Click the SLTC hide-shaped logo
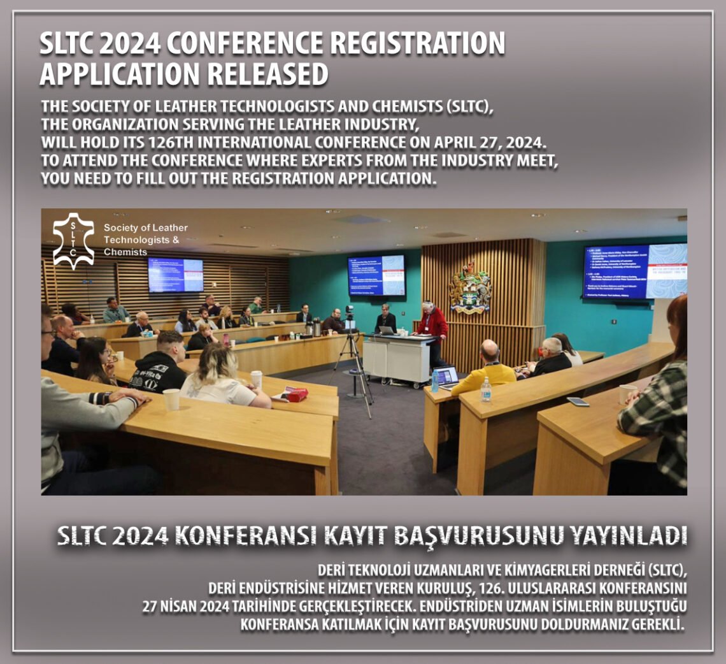coord(73,241)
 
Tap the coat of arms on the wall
coord(470,287)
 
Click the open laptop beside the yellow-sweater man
coord(446,377)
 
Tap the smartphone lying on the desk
coord(578,401)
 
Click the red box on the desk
coord(295,394)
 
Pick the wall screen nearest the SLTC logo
coord(175,275)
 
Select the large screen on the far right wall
coord(634,271)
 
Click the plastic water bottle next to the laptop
coord(486,389)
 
